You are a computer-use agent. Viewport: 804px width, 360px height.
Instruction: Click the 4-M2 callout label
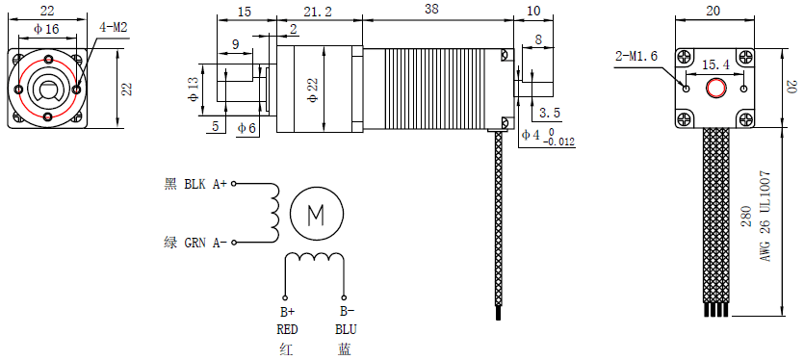[113, 28]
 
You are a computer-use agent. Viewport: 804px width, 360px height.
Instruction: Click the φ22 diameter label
[313, 89]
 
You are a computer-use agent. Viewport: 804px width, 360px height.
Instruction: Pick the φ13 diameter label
[194, 90]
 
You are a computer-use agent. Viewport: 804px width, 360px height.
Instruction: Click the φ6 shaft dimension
[246, 128]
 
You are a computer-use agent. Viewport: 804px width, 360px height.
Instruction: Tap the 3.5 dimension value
[551, 113]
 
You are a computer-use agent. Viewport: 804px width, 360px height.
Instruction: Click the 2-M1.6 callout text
[635, 56]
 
